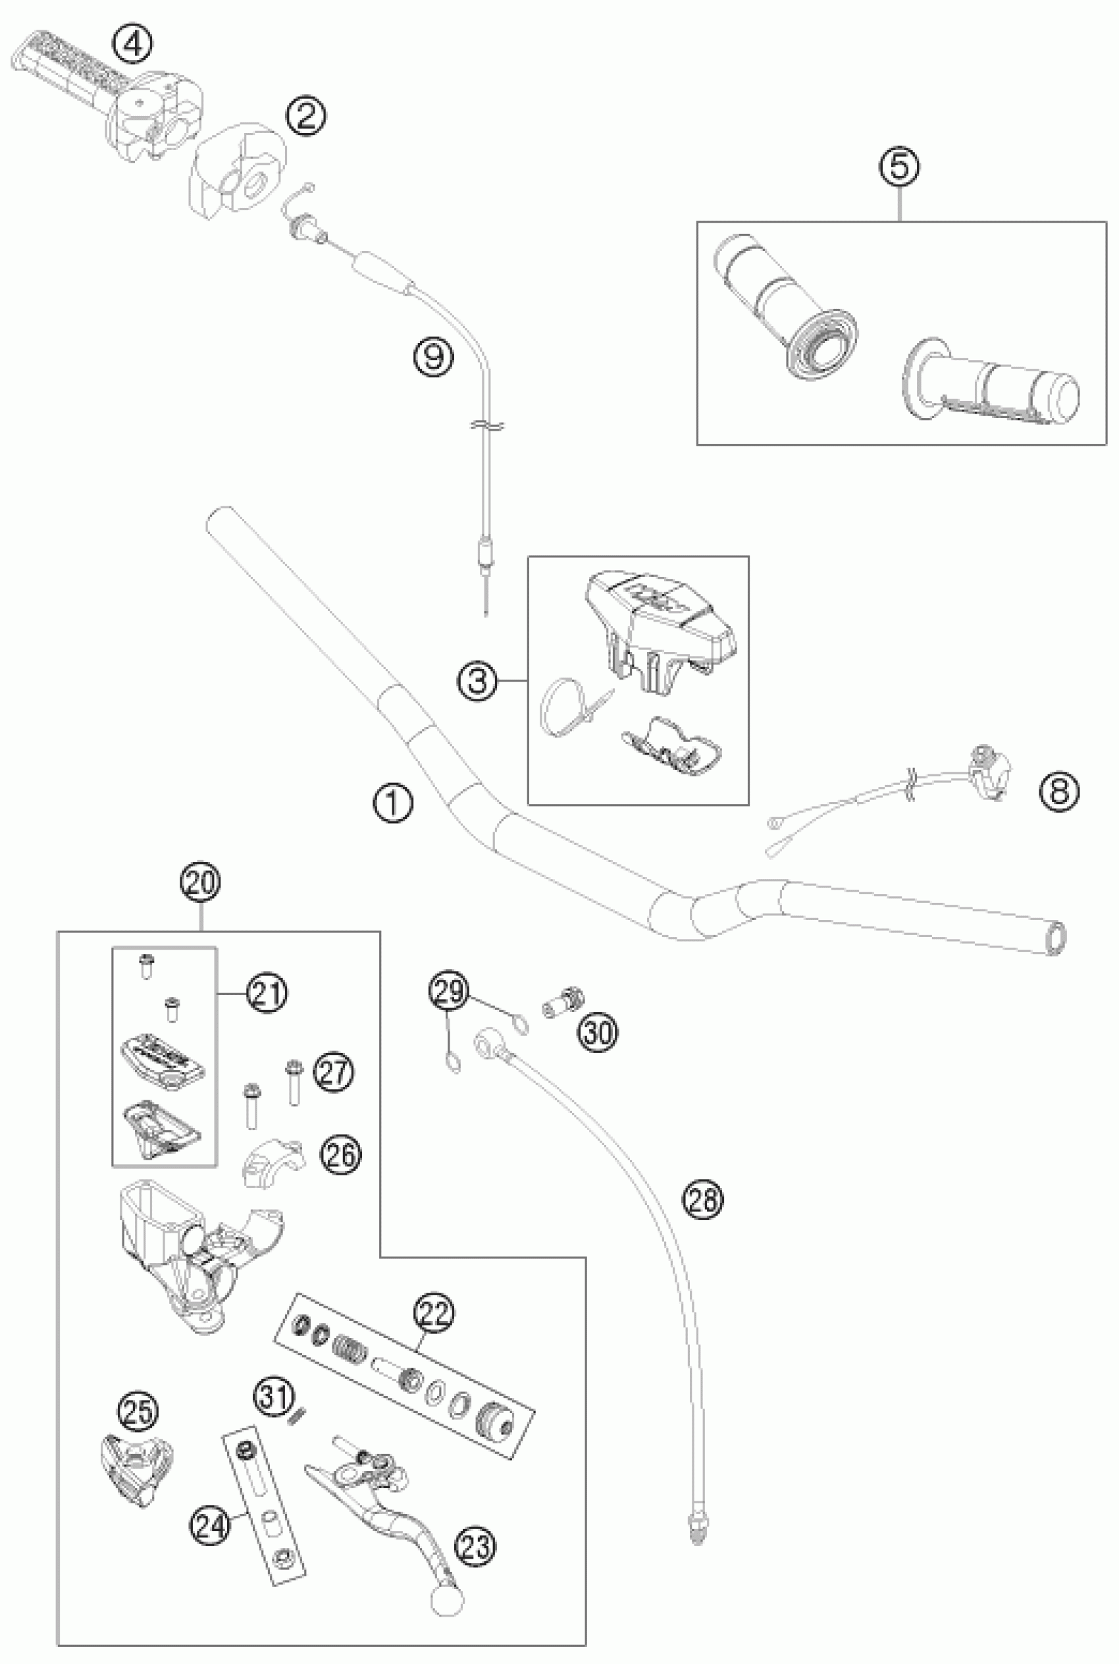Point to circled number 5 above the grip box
click(900, 167)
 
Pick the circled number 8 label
click(1059, 791)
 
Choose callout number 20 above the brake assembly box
click(201, 882)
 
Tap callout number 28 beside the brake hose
click(703, 1199)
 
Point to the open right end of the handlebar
click(1057, 935)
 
